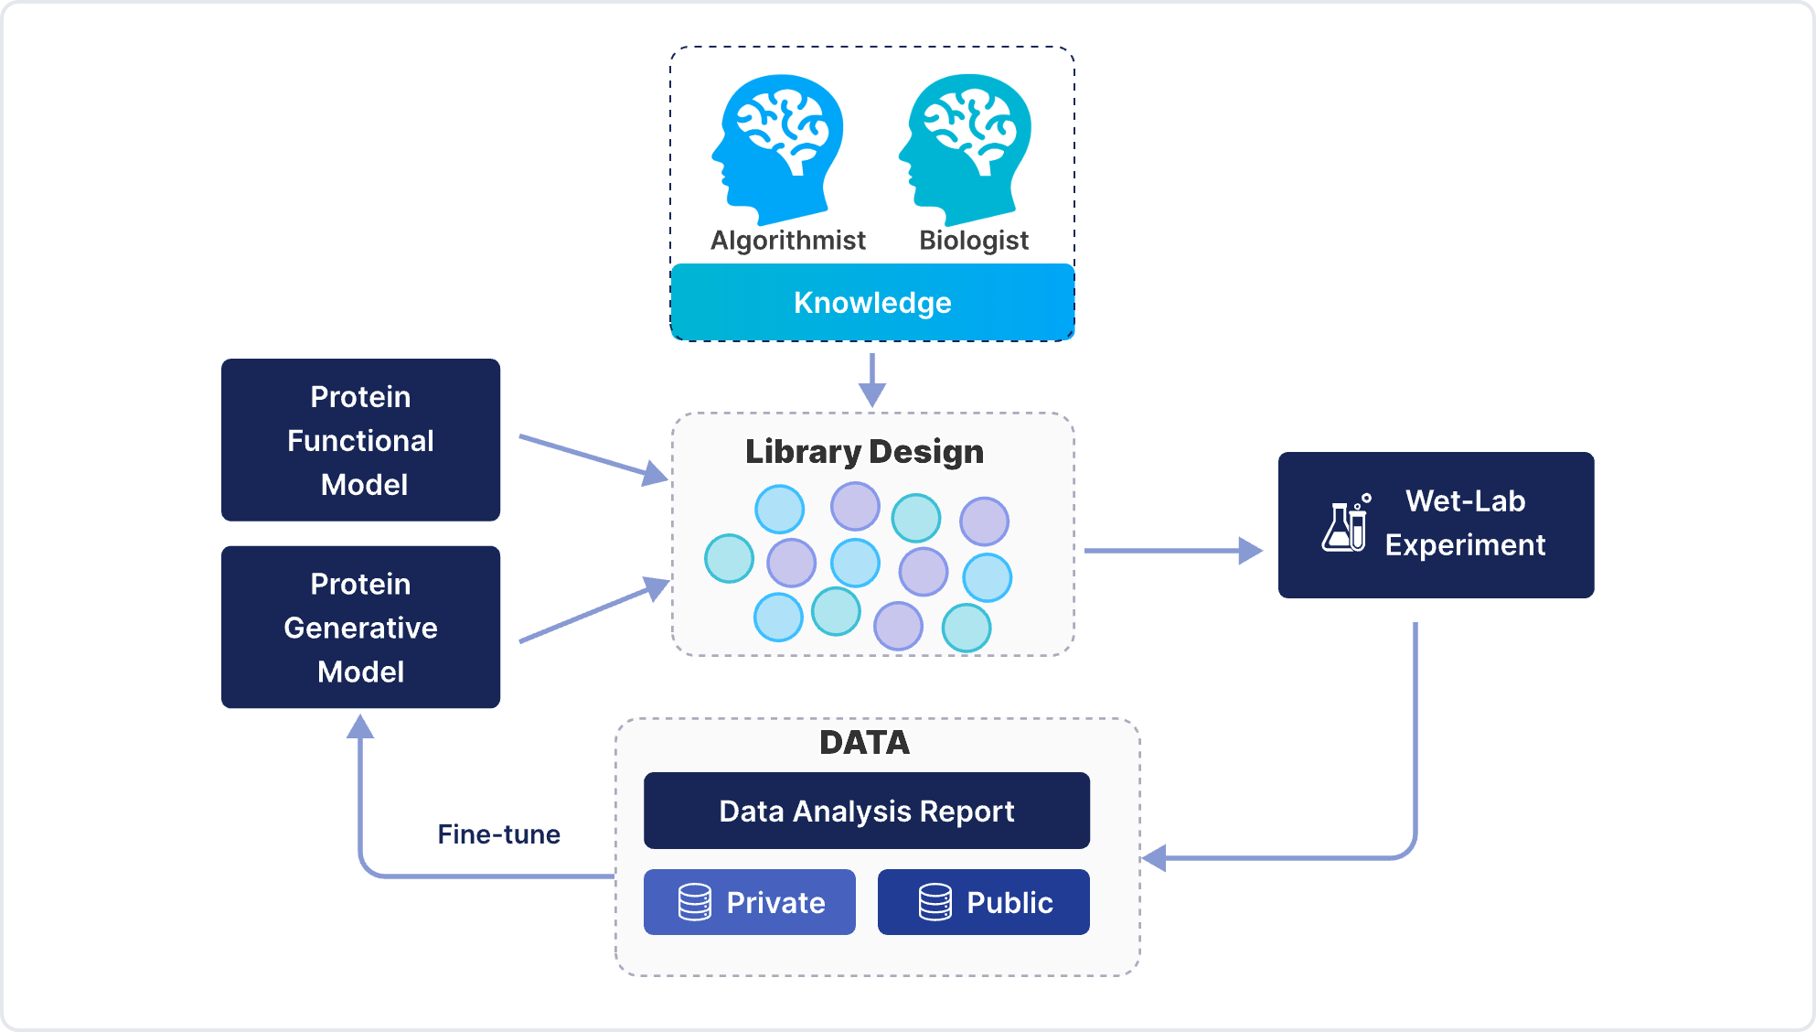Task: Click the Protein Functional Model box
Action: tap(360, 440)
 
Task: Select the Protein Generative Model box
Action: tap(360, 628)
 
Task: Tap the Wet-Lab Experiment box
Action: tap(1436, 525)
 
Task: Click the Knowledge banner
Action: tap(872, 303)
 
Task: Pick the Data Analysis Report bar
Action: tap(867, 811)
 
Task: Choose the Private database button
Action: tap(750, 902)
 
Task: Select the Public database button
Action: tap(984, 902)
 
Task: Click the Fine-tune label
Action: tap(498, 834)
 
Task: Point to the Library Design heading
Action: tap(864, 452)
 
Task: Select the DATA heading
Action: tap(864, 743)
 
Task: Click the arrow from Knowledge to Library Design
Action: tap(872, 379)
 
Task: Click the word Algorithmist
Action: tap(787, 241)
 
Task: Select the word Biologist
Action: tap(974, 241)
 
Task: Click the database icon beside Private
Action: tap(695, 902)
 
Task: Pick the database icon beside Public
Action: tap(935, 902)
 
